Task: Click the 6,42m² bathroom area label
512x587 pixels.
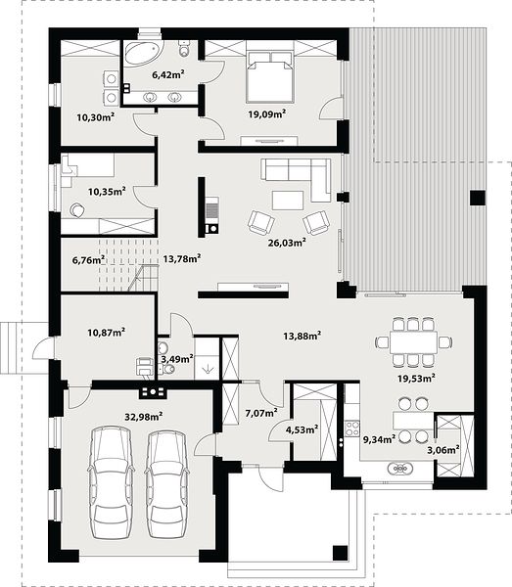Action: (167, 74)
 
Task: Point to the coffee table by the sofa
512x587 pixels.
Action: (288, 200)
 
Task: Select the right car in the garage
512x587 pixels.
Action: (166, 483)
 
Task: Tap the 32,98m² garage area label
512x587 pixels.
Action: (144, 416)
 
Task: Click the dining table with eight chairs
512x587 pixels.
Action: (413, 341)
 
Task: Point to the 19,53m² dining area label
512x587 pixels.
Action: (416, 378)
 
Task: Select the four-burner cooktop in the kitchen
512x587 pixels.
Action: (351, 429)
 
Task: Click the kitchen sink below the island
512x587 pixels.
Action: (400, 468)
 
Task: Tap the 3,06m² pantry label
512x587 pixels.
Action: (443, 450)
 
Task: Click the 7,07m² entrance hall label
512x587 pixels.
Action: (261, 413)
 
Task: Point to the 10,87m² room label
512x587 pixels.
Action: (107, 332)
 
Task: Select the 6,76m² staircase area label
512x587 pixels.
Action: (88, 259)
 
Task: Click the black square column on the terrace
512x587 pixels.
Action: (478, 198)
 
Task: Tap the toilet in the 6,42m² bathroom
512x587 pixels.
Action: (184, 48)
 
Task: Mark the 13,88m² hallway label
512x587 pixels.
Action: (302, 336)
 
